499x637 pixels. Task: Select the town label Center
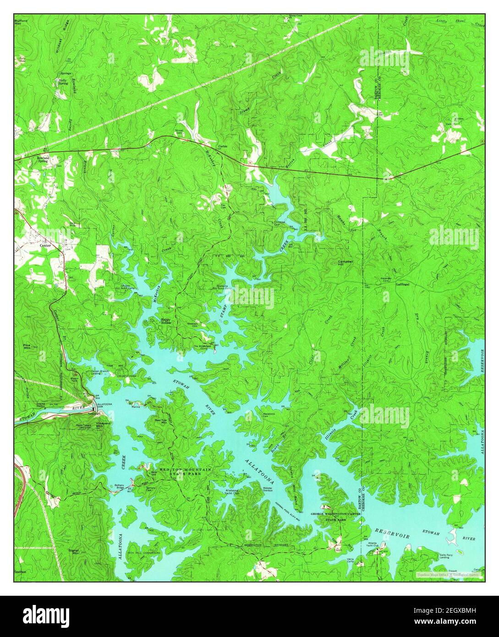coord(45,245)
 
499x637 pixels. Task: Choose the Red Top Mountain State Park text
coord(185,472)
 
